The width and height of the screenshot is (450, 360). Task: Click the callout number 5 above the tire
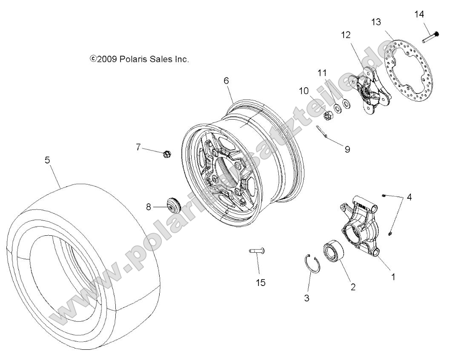click(x=47, y=160)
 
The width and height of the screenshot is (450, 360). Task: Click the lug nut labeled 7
click(x=167, y=154)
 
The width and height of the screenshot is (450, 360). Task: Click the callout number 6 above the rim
click(x=226, y=80)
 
